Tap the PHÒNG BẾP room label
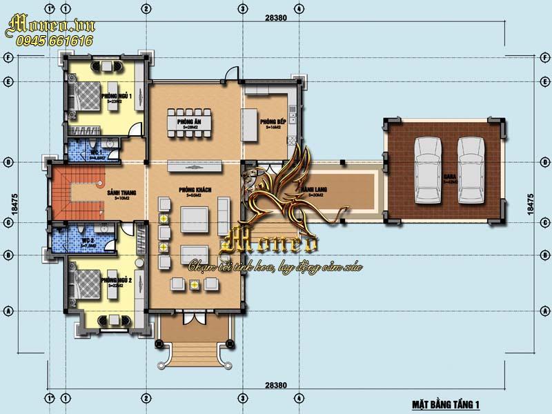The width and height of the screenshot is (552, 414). point(268,122)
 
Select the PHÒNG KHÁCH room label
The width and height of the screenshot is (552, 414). point(194,190)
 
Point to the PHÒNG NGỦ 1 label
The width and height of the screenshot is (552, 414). point(115,96)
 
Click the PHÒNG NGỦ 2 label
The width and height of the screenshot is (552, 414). point(115,282)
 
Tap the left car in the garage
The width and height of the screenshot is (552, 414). point(427,168)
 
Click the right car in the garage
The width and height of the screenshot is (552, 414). point(471,168)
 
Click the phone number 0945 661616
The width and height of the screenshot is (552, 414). point(50,41)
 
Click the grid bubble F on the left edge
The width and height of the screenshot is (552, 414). point(10,58)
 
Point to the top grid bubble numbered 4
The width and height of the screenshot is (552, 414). point(297,9)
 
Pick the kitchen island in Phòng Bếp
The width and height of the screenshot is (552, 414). point(249,124)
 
